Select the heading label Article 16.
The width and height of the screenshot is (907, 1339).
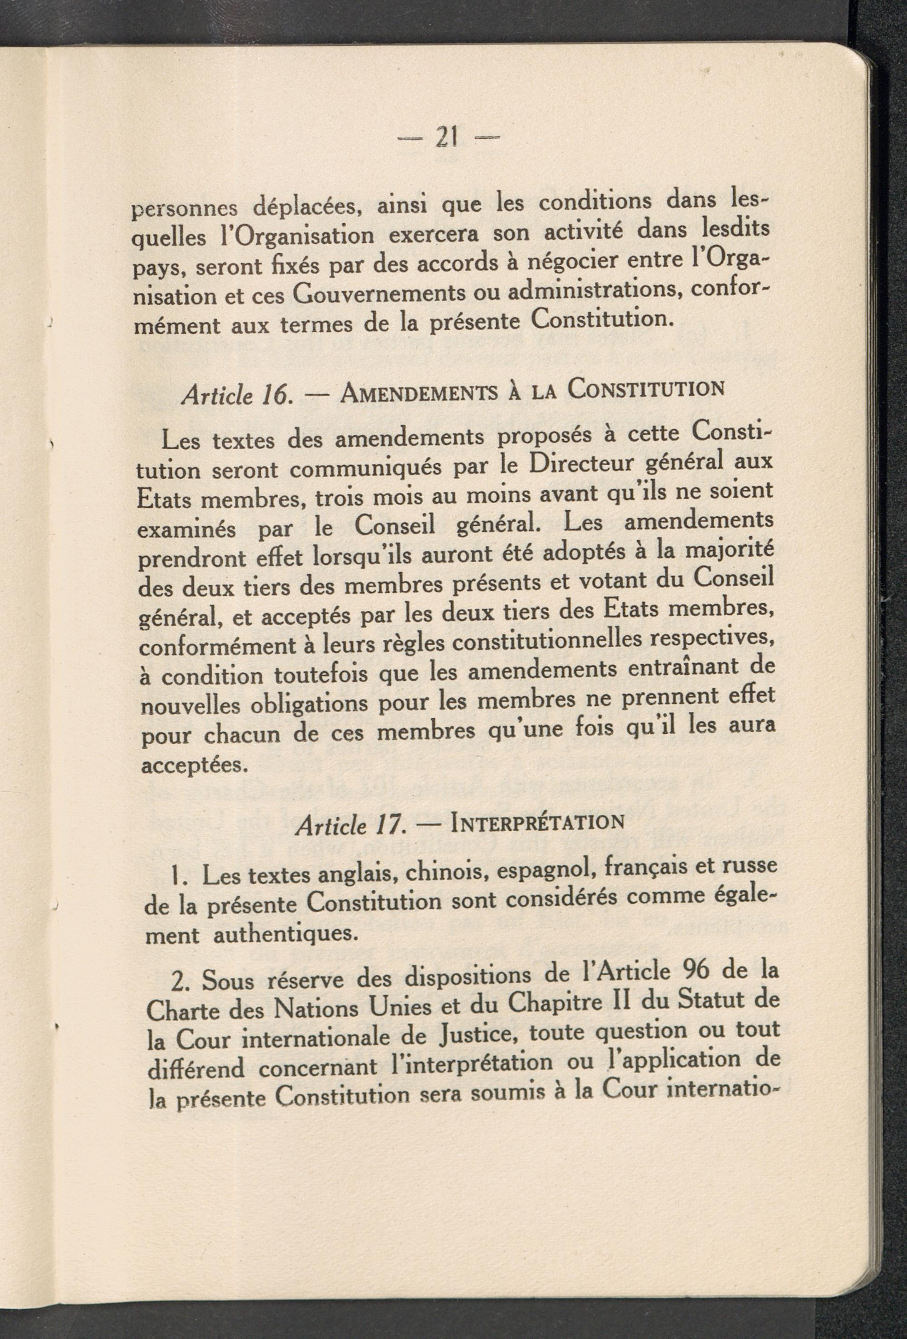[x=233, y=395]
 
